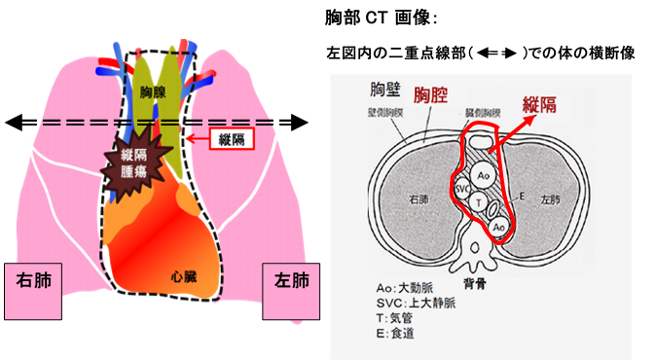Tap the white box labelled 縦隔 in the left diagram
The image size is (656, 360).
235,140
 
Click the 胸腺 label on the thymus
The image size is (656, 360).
152,91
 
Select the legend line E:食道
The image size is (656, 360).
401,334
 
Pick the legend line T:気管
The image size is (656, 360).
400,318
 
